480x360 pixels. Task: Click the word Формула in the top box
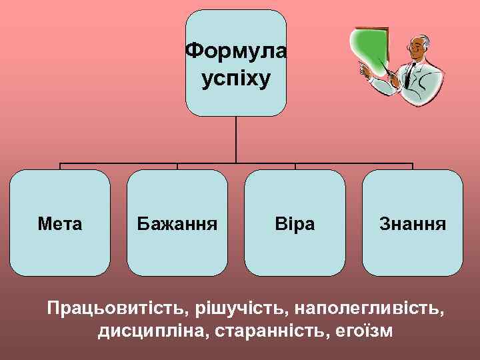tap(235, 51)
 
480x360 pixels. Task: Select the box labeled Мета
tap(60, 223)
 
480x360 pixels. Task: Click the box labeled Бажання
tap(177, 223)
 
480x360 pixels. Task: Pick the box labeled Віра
tap(295, 223)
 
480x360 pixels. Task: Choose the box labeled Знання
tap(412, 223)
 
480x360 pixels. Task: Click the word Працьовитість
tap(117, 309)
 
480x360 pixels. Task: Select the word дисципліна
tap(153, 331)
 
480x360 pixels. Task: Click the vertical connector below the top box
tap(236, 140)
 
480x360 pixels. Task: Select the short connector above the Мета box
tap(61, 167)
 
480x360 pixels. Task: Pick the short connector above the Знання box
tap(413, 167)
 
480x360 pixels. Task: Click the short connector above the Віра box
tap(295, 167)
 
